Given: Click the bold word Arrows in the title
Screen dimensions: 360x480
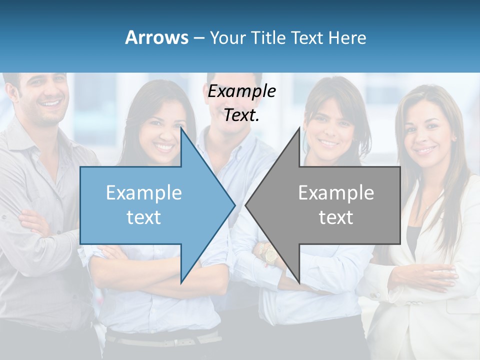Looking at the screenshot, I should pyautogui.click(x=156, y=38).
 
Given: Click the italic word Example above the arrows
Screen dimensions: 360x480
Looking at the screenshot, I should pyautogui.click(x=241, y=91).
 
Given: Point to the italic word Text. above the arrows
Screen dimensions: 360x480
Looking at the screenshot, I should pyautogui.click(x=241, y=115).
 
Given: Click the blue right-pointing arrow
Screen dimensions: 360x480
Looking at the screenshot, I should pyautogui.click(x=150, y=205).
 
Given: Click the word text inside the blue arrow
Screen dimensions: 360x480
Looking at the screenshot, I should pyautogui.click(x=143, y=217).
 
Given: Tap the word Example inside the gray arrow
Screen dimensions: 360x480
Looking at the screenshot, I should pyautogui.click(x=336, y=193).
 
